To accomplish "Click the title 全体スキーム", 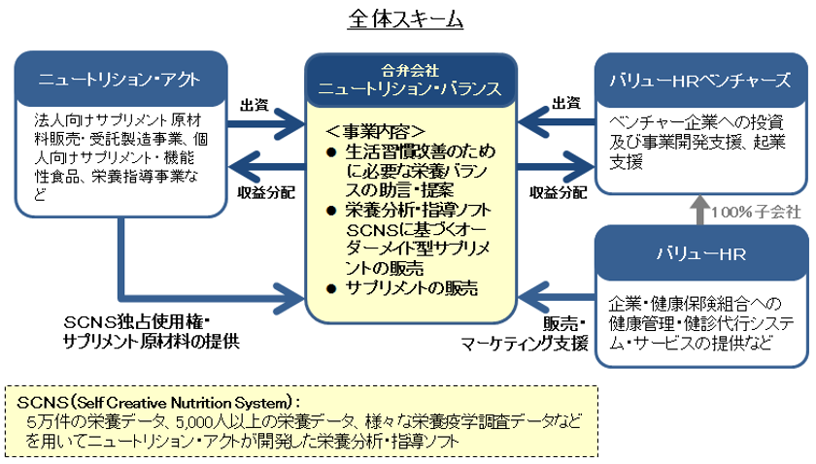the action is point(405,19).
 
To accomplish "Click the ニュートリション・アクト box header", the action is point(120,80).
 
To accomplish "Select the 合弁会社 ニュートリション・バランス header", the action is point(411,81).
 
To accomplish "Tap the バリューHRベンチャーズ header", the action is point(700,81).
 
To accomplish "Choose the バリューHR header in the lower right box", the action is point(701,254).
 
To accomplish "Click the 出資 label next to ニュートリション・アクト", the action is point(255,105).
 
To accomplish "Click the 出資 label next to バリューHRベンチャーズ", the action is point(566,104).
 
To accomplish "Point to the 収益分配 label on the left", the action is point(266,193).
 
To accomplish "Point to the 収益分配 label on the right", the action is point(559,193).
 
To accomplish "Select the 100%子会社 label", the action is point(756,212).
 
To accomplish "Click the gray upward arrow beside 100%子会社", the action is point(700,210).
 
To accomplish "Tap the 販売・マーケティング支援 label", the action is point(525,334).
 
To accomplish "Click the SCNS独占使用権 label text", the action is point(137,322).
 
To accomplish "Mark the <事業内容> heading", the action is point(376,131).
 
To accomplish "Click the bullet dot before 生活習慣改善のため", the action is point(331,152).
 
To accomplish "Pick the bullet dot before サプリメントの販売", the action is point(331,288).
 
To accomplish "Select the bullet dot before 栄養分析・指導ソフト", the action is point(331,211).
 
